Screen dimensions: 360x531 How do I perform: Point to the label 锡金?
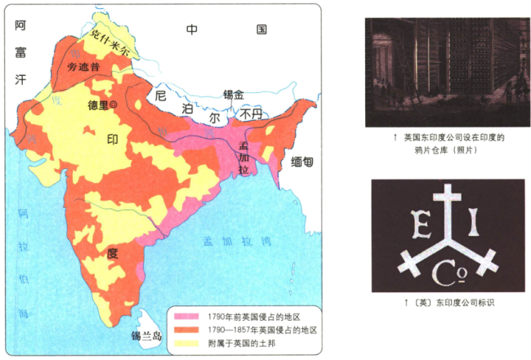coord(234,96)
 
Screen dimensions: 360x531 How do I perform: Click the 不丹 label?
coord(250,116)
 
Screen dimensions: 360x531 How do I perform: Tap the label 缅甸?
coord(301,162)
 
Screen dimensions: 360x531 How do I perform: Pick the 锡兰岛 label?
coord(147,336)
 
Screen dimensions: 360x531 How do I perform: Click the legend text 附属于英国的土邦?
coord(246,344)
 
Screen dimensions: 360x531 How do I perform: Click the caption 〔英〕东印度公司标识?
coord(445,302)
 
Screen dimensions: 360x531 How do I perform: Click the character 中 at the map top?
coord(192,29)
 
